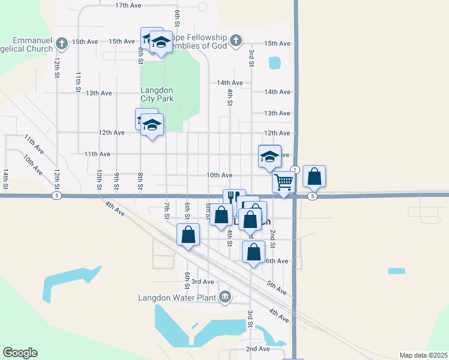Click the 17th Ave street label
click(128, 5)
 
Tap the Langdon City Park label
click(157, 93)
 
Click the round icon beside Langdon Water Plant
click(225, 296)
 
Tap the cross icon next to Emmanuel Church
click(62, 42)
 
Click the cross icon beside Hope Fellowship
click(236, 41)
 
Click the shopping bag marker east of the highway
click(314, 176)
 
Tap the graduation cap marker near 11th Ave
click(270, 156)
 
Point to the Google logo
click(20, 353)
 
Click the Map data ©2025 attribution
click(423, 355)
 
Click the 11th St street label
click(78, 81)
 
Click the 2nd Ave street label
click(258, 349)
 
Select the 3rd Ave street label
click(202, 281)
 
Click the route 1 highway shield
click(295, 170)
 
